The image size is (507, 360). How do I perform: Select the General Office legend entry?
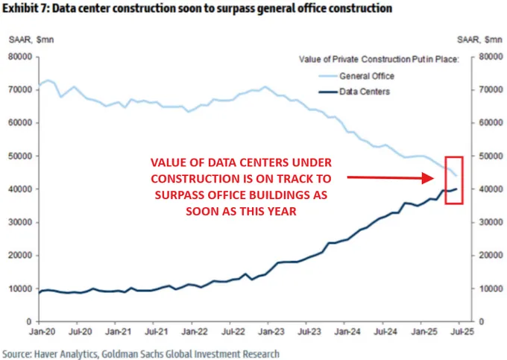tap(366, 77)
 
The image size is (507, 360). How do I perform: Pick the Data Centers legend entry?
tap(365, 92)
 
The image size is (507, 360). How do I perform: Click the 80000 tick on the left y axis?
tap(20, 57)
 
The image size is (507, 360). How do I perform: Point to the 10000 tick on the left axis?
tap(20, 288)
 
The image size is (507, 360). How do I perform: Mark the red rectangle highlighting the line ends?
tap(454, 180)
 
